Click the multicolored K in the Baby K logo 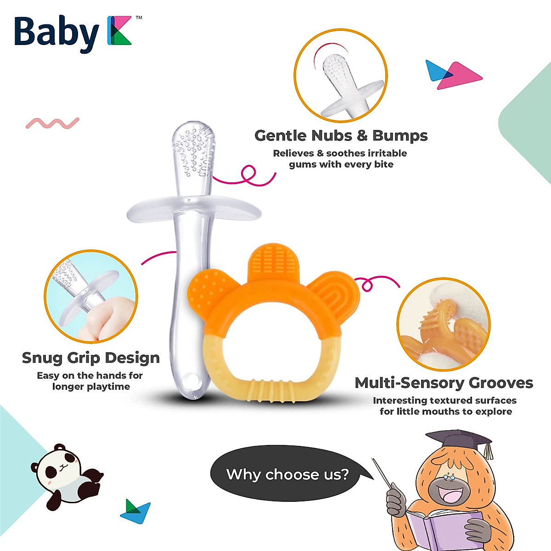pos(119,31)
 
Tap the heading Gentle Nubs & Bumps pos(341,136)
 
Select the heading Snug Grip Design pos(91,358)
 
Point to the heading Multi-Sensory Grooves pos(444,383)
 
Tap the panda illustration pos(67,475)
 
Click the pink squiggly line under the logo pos(52,123)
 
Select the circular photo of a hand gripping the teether pos(91,297)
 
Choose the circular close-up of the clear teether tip pos(341,76)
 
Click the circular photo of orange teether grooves pos(443,324)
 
